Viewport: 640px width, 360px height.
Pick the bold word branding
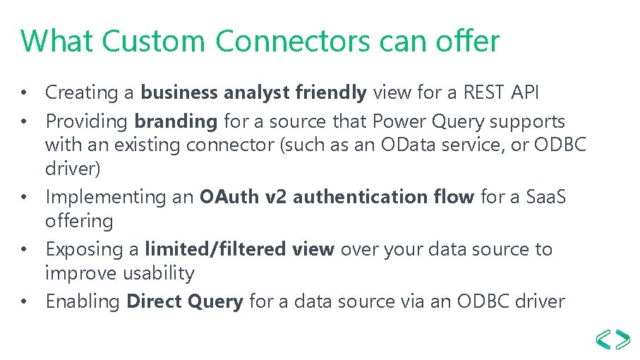176,121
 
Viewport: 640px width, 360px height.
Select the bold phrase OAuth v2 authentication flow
337,197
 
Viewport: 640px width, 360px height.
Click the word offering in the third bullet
79,221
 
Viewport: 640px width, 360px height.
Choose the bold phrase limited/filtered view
239,249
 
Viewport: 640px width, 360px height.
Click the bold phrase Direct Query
184,301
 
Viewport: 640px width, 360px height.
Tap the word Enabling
83,301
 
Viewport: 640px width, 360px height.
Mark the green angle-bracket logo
613,338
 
